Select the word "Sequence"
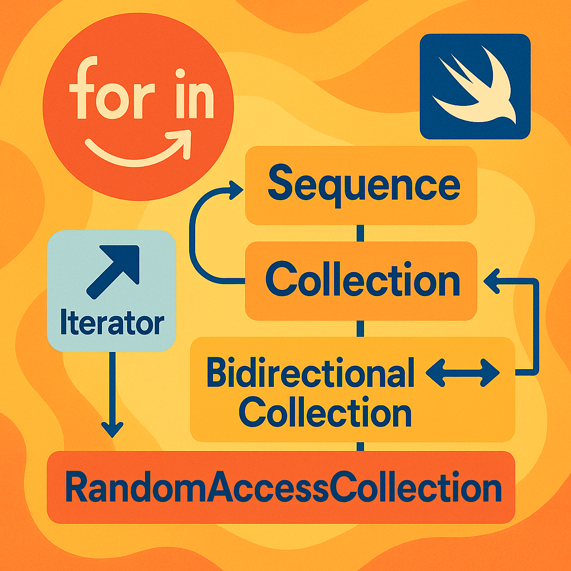pyautogui.click(x=364, y=186)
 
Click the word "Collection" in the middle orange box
pyautogui.click(x=362, y=279)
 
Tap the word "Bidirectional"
pyautogui.click(x=310, y=372)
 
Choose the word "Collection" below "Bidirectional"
pyautogui.click(x=325, y=412)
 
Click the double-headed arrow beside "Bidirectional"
pyautogui.click(x=462, y=373)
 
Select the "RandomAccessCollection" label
pyautogui.click(x=283, y=487)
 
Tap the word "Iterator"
pyautogui.click(x=112, y=322)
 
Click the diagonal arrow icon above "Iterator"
pyautogui.click(x=113, y=272)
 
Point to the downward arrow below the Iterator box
pyautogui.click(x=112, y=395)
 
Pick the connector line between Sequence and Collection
pyautogui.click(x=360, y=233)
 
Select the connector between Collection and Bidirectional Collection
pyautogui.click(x=360, y=329)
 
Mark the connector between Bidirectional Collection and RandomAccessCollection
pyautogui.click(x=360, y=447)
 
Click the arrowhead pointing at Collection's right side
pyautogui.click(x=491, y=281)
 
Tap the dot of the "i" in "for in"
pyautogui.click(x=180, y=73)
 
